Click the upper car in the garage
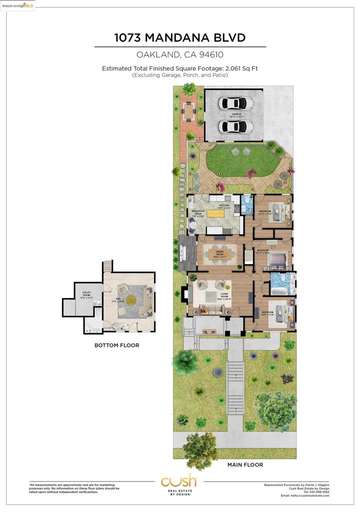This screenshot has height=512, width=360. tap(236, 103)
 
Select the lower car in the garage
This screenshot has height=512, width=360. tap(236, 127)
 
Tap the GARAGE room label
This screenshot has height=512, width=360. tap(236, 115)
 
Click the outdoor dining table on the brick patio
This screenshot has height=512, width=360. tap(188, 112)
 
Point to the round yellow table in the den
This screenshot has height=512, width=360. tap(130, 300)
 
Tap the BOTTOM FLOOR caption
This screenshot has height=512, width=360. tap(116, 345)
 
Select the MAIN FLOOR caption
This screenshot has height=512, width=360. tap(245, 464)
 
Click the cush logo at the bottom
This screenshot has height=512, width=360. tap(179, 482)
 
